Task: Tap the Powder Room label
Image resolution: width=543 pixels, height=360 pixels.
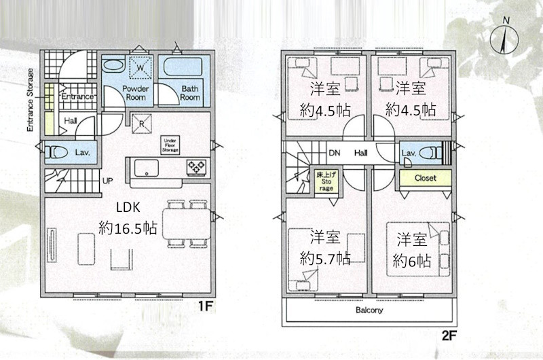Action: pyautogui.click(x=135, y=93)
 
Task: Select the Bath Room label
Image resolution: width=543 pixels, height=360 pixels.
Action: pyautogui.click(x=190, y=93)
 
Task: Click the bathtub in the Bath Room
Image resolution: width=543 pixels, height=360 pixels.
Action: pyautogui.click(x=185, y=69)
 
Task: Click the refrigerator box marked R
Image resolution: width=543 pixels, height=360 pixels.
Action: pyautogui.click(x=141, y=123)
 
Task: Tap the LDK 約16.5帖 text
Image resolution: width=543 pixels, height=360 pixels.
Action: pyautogui.click(x=128, y=218)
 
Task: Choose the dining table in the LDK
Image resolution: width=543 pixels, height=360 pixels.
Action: pyautogui.click(x=183, y=222)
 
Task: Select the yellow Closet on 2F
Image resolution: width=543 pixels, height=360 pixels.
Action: pyautogui.click(x=424, y=178)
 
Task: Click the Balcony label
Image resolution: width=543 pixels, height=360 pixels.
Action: pyautogui.click(x=369, y=310)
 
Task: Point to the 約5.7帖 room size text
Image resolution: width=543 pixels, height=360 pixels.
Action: pyautogui.click(x=325, y=258)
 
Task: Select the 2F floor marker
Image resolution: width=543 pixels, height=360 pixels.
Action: pyautogui.click(x=448, y=334)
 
